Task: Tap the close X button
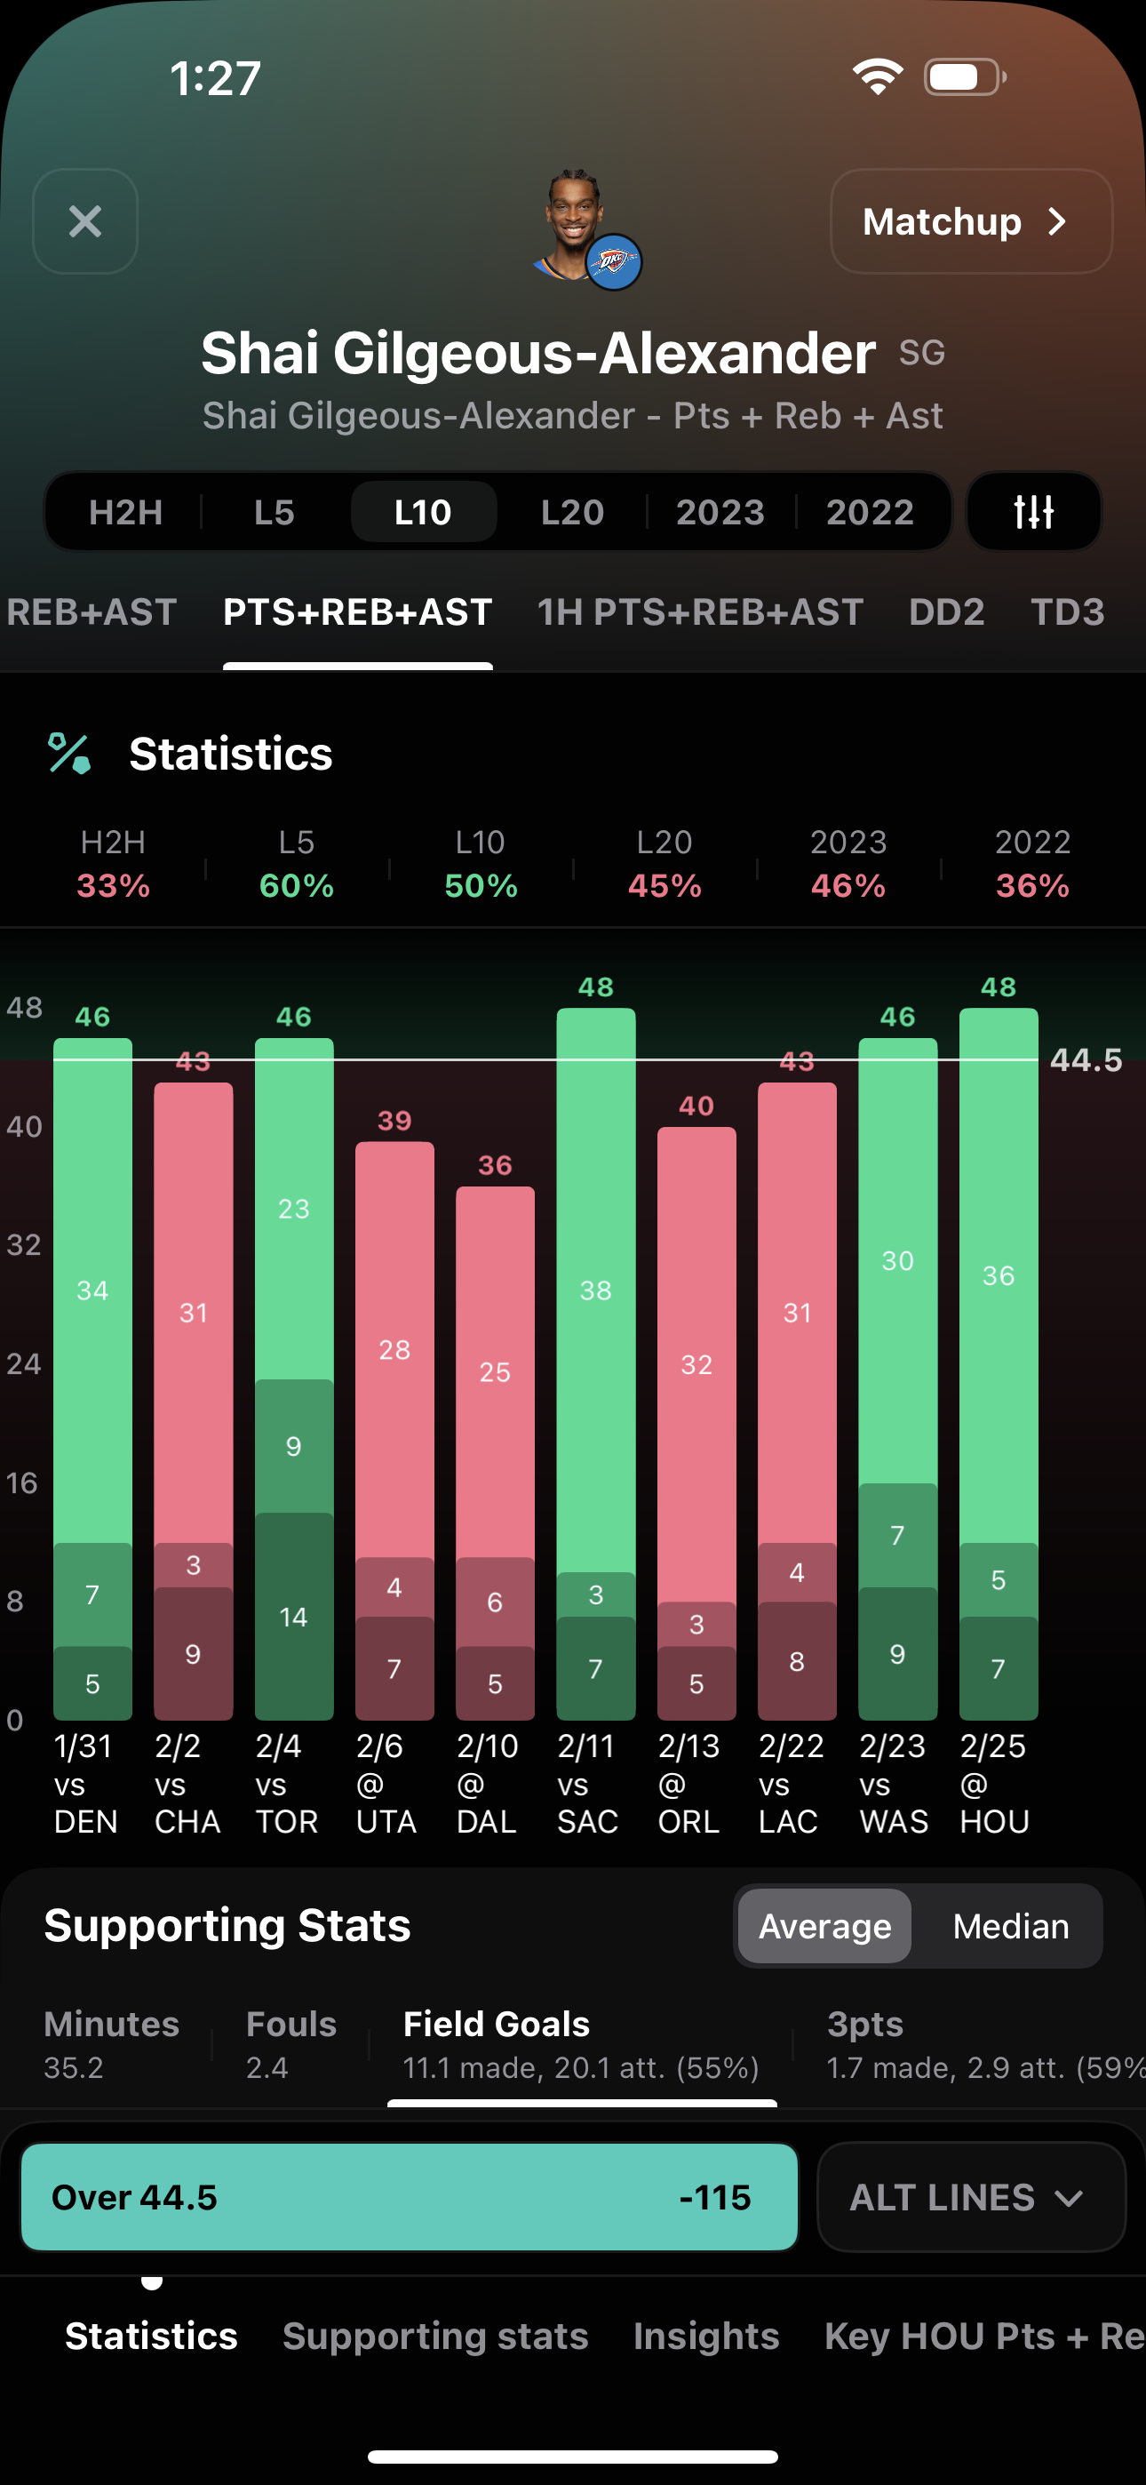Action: pos(85,222)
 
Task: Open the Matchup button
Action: pos(970,222)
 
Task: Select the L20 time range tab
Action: pos(572,512)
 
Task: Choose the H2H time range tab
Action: pos(125,512)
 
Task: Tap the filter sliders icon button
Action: pos(1033,512)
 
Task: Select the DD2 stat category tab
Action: pos(946,612)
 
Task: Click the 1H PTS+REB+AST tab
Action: pos(699,612)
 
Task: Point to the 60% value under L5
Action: pos(296,885)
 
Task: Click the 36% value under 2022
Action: pos(1032,885)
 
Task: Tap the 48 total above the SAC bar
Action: pos(595,987)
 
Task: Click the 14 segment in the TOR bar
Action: pos(293,1617)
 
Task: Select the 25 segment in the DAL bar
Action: pos(495,1371)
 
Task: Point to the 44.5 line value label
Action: pos(1086,1060)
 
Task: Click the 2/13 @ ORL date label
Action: pos(688,1784)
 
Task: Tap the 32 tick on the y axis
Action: pos(24,1244)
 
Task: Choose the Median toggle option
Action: pos(1010,1927)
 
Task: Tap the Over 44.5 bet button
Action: pos(409,2196)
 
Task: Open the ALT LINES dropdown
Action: pos(970,2196)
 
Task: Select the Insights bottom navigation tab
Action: pos(705,2336)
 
